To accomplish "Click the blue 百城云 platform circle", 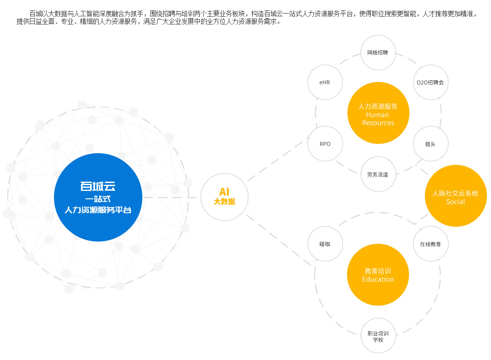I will tap(98, 197).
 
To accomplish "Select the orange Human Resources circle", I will tap(378, 113).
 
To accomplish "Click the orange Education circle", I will tap(378, 275).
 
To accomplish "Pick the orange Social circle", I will tap(455, 196).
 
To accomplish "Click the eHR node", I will tap(325, 82).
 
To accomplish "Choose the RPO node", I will tap(325, 144).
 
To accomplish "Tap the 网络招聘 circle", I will tap(378, 53).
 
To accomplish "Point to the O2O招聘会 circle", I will tap(430, 82).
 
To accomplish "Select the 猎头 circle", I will tap(430, 144).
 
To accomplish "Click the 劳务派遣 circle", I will tap(378, 174).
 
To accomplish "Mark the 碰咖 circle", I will tap(325, 244).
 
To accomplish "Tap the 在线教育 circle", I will tap(430, 244).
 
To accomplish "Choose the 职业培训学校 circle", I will tap(378, 336).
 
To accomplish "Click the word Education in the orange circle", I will tap(378, 279).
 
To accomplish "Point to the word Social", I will tap(455, 202).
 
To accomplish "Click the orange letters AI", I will tap(224, 192).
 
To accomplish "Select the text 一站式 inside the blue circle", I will tap(98, 198).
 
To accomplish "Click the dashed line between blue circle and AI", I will tap(172, 197).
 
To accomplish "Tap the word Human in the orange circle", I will tap(377, 115).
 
